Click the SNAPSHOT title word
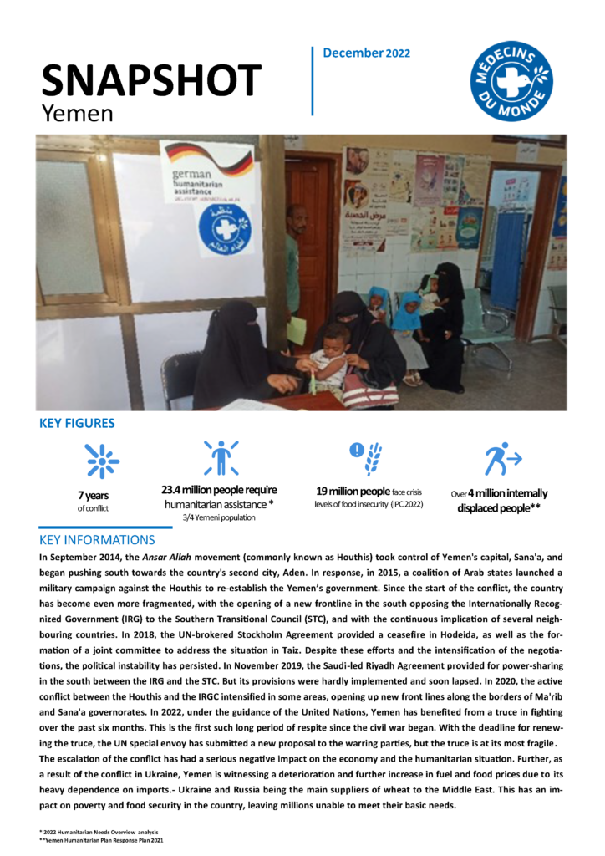click(x=151, y=79)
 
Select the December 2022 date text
click(x=366, y=53)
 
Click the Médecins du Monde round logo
click(x=511, y=82)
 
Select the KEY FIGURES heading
click(x=78, y=424)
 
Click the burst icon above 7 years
click(x=102, y=461)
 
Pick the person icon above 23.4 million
click(x=221, y=458)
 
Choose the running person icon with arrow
click(x=502, y=459)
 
